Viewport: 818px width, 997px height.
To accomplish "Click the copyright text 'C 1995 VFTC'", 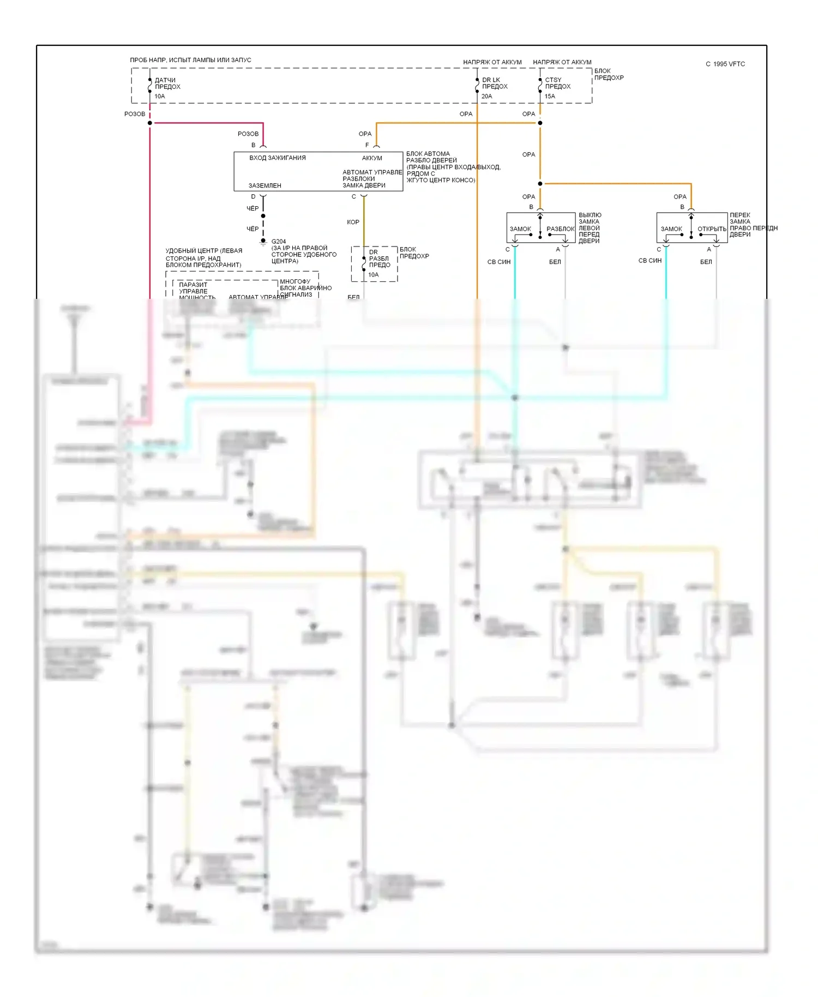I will point(725,64).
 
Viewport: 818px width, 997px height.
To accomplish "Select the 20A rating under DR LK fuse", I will point(487,97).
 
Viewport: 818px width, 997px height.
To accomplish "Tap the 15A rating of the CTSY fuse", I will point(550,97).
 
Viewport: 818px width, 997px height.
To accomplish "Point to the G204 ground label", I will point(279,241).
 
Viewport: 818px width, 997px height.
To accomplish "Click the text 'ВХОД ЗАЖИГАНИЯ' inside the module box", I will point(278,158).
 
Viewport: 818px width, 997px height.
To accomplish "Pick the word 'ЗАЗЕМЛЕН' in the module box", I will point(265,185).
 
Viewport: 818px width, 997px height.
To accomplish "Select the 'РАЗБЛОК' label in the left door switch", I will point(561,229).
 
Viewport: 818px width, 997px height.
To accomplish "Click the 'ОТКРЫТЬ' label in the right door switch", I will point(712,229).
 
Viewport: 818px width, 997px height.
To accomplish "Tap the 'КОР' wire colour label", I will point(353,222).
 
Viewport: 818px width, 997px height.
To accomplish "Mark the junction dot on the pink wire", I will point(150,123).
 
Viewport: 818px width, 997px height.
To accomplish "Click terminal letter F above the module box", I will point(367,145).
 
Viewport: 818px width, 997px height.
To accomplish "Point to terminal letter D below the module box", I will point(253,197).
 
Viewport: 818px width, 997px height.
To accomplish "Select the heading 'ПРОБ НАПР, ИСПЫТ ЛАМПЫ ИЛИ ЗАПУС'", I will point(190,60).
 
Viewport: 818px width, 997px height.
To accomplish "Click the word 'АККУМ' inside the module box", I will point(372,158).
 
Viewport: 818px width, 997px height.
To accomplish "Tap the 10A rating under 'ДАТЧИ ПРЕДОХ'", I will point(160,97).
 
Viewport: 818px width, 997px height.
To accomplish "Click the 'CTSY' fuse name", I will point(553,80).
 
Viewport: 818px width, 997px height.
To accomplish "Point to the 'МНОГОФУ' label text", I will point(295,281).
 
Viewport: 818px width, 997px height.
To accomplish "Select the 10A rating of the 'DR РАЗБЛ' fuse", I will point(374,275).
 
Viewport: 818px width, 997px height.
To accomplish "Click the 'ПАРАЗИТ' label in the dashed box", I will point(193,285).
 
